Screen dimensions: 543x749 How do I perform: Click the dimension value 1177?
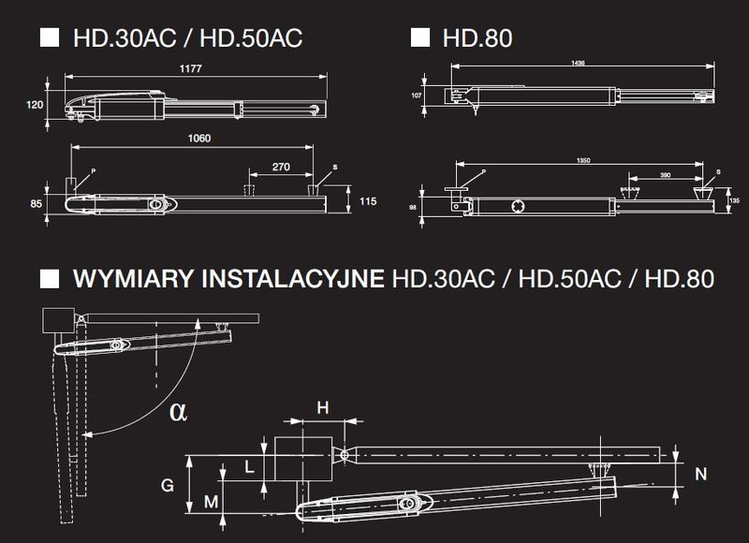click(x=194, y=69)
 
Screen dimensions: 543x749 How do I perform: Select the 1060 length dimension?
click(x=198, y=139)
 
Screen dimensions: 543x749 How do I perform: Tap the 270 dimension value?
click(x=280, y=166)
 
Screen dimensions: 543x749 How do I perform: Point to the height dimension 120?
click(x=34, y=104)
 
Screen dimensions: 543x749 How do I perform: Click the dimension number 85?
click(x=36, y=201)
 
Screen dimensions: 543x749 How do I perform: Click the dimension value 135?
click(x=735, y=199)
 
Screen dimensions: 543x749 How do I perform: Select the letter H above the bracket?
click(x=323, y=407)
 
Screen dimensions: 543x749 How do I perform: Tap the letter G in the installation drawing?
click(x=168, y=486)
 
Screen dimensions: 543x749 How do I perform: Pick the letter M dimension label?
click(x=211, y=503)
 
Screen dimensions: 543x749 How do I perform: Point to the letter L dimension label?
click(x=248, y=465)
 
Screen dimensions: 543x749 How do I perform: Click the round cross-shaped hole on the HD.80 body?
click(x=518, y=205)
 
